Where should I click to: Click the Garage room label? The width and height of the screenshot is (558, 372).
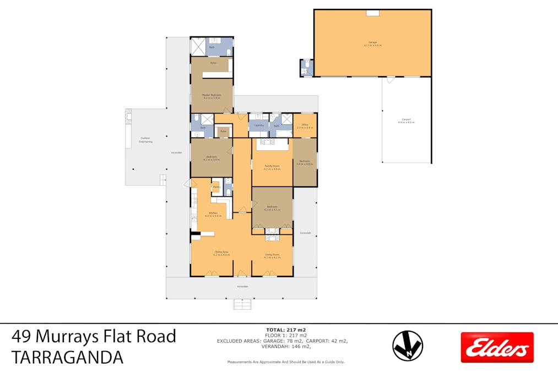372,44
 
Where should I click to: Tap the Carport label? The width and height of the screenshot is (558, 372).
406,121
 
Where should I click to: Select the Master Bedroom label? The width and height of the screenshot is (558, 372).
212,96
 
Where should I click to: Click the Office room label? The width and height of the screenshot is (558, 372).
305,126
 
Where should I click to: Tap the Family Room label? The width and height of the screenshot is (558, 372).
272,168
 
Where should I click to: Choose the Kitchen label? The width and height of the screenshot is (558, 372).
212,214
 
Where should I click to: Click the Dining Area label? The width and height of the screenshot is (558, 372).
221,254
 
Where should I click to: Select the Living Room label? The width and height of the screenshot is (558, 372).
272,255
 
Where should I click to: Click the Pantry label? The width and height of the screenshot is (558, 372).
216,187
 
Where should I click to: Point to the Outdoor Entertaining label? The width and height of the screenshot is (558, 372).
145,140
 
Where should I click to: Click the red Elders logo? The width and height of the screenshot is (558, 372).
497,347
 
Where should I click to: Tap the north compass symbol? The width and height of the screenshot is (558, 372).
407,346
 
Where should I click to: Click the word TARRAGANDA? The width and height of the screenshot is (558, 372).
68,358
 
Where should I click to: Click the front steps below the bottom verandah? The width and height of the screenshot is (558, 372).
242,304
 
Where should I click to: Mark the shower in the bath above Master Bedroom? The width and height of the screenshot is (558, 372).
198,46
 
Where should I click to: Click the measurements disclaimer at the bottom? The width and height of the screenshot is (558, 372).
286,362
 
